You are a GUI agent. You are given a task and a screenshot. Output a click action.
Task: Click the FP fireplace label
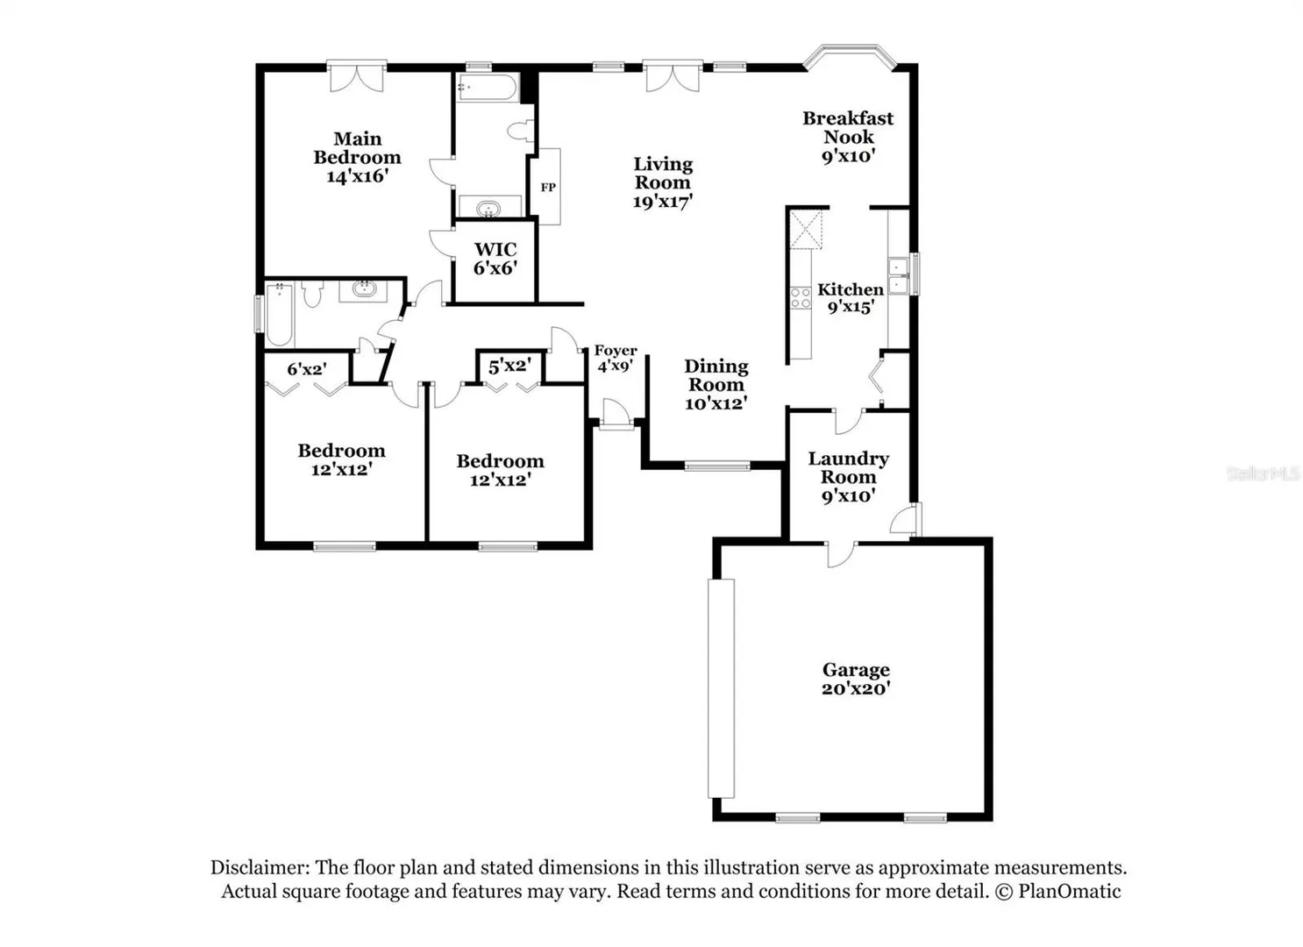click(548, 188)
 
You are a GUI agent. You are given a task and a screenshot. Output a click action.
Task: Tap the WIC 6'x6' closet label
click(495, 259)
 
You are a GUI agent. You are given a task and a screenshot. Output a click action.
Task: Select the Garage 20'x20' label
click(856, 679)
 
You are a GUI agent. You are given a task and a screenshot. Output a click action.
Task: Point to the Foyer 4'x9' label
click(616, 358)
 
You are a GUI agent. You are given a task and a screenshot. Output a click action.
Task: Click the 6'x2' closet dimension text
click(307, 369)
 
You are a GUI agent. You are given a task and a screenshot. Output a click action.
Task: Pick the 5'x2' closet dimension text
click(509, 366)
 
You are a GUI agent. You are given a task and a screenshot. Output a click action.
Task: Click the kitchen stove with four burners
click(801, 298)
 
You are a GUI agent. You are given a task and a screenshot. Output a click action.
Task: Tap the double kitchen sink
click(899, 275)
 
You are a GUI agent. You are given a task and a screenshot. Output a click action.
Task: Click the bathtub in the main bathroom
click(488, 88)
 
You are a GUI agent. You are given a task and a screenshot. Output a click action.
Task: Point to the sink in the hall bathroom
click(363, 289)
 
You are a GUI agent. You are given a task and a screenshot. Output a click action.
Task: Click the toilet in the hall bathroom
click(312, 294)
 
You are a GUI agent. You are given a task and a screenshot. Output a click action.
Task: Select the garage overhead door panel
click(721, 688)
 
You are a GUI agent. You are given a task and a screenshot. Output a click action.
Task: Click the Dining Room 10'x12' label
click(716, 385)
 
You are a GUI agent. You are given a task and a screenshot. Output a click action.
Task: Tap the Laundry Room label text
click(848, 467)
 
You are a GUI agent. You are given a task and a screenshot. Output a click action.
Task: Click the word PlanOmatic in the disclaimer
click(1069, 891)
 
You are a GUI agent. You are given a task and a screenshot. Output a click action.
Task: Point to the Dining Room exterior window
click(717, 466)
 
